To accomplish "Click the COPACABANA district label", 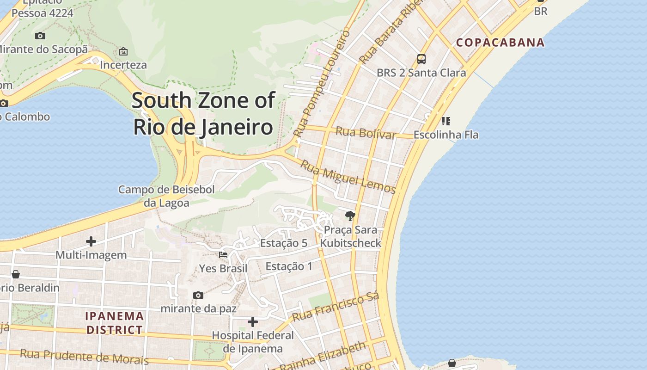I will (x=501, y=43).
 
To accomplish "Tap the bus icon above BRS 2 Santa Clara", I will (x=421, y=59).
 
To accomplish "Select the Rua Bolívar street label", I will (x=366, y=133).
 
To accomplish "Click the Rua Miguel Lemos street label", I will (x=348, y=177).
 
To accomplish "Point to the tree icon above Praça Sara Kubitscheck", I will (x=350, y=216).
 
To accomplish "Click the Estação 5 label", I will (x=284, y=243).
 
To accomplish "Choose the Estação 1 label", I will (x=289, y=266).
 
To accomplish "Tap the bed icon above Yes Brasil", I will (x=223, y=255).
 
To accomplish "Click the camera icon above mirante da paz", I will (x=198, y=295).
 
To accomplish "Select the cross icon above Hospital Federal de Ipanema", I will (x=253, y=321).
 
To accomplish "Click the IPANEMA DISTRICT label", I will (x=115, y=323).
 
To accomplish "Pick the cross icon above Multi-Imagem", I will (x=91, y=241).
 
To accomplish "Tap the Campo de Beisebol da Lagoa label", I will (x=166, y=196).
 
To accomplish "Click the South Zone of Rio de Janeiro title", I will (x=203, y=114).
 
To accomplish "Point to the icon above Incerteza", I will (x=123, y=51).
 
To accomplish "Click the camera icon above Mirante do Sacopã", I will (x=40, y=36).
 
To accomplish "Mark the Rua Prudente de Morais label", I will (x=84, y=357).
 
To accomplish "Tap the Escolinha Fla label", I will (x=446, y=135).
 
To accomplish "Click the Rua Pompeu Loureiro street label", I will (x=322, y=83).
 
